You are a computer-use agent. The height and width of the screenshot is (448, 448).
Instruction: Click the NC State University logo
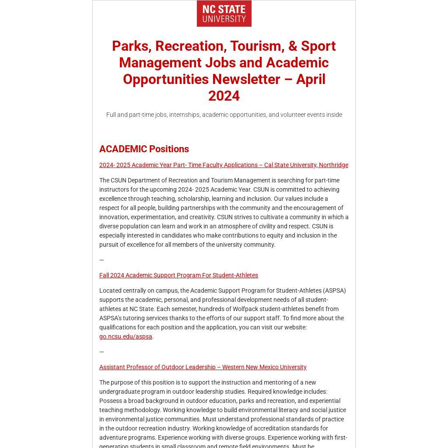tap(224, 14)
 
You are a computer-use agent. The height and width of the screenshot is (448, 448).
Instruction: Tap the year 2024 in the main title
tap(224, 96)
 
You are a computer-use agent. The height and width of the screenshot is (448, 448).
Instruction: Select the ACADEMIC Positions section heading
tap(144, 149)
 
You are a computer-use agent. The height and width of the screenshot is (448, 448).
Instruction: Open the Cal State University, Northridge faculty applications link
tap(224, 165)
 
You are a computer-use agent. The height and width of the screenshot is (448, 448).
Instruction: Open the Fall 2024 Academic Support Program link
tap(178, 275)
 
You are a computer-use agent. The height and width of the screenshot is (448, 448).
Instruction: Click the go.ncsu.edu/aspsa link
tap(126, 336)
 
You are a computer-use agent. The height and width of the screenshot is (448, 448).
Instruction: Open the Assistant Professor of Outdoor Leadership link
tap(203, 367)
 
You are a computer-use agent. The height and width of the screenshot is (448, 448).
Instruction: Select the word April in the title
tap(311, 79)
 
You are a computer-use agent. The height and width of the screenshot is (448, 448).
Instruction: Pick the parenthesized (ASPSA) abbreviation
tap(334, 290)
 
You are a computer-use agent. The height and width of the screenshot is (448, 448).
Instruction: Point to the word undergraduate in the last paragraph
tap(119, 392)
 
